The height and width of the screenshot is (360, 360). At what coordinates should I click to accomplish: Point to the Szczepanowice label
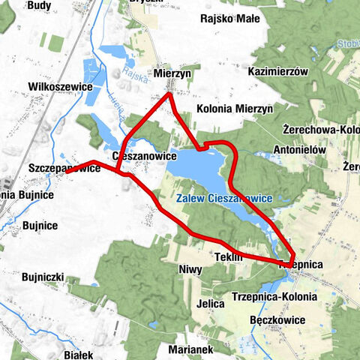(63, 169)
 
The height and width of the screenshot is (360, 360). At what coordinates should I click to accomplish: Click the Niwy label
(191, 269)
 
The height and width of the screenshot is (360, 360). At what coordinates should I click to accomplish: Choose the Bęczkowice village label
(278, 319)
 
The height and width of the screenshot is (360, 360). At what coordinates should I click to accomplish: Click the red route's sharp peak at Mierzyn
(169, 93)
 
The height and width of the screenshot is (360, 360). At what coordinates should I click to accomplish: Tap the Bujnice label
(40, 225)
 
